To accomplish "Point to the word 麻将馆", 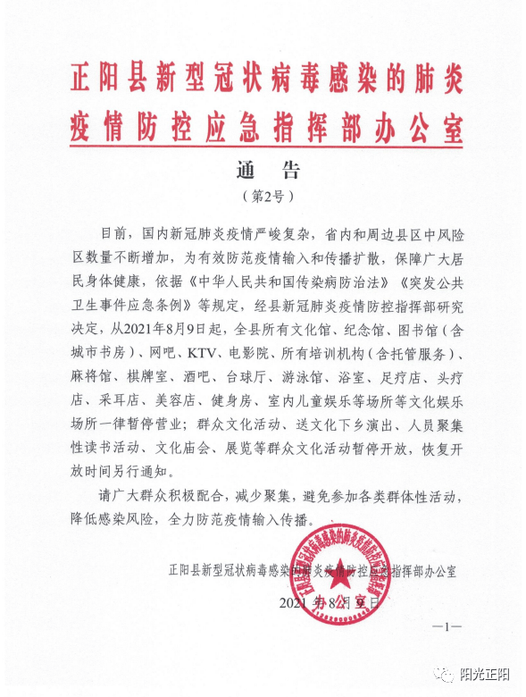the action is [95, 372].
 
